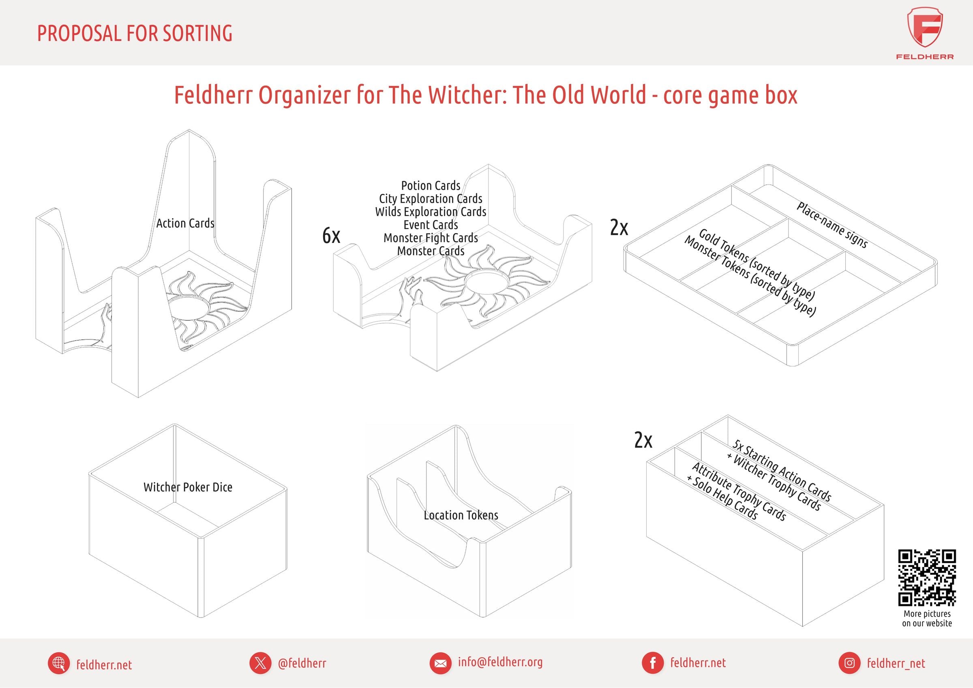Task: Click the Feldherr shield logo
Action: coord(925,28)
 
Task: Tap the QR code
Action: coord(927,578)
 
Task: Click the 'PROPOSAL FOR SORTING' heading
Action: coord(135,34)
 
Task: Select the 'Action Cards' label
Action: coord(185,223)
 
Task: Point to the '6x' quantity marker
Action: coord(331,235)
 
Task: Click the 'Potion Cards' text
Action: coord(431,186)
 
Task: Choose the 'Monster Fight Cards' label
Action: coord(431,238)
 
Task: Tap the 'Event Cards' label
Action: coord(431,225)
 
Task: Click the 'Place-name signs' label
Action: coord(832,225)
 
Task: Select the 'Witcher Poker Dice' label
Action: coord(188,487)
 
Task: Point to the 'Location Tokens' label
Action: coord(461,515)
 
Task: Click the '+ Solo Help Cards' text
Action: coord(722,498)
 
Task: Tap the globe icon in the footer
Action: coord(59,663)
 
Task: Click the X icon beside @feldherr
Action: coord(260,663)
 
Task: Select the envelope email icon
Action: coord(440,663)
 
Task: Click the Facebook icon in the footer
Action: coord(653,663)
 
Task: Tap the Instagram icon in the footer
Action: coord(849,663)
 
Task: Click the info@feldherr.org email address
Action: coord(500,662)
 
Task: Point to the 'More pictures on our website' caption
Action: coord(927,619)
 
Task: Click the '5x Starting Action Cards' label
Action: coord(782,470)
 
